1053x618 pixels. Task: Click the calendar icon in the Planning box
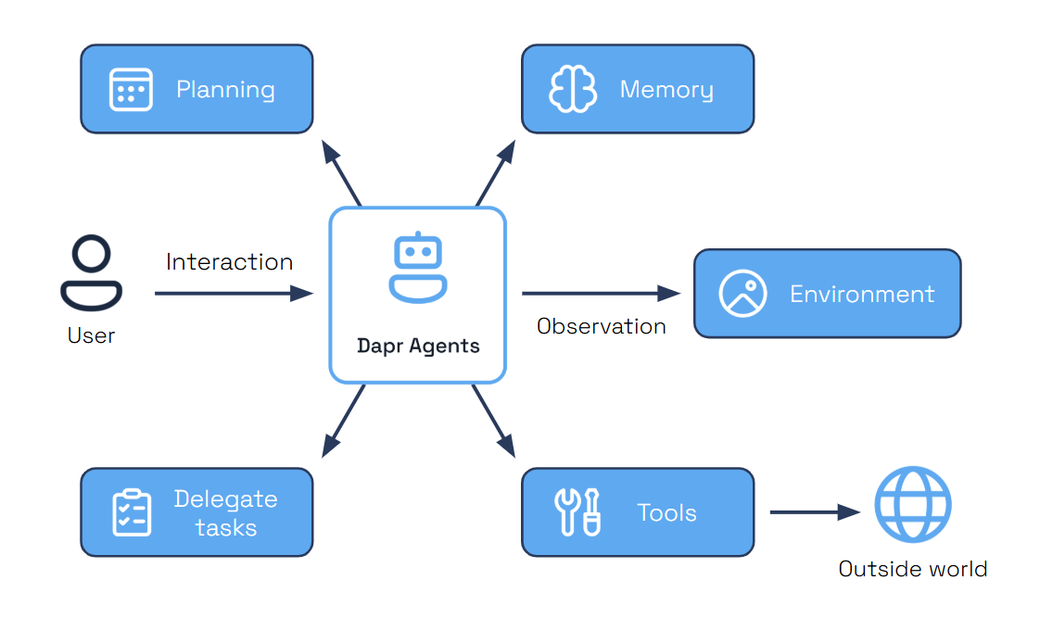(131, 90)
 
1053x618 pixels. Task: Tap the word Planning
(225, 90)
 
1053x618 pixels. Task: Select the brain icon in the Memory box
(572, 90)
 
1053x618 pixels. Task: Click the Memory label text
(666, 90)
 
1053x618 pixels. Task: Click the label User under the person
(91, 335)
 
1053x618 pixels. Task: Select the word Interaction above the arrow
(229, 262)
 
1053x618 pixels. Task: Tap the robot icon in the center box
(417, 268)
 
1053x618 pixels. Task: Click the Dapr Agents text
(418, 347)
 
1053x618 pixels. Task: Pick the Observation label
(601, 326)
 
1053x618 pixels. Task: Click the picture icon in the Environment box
(742, 294)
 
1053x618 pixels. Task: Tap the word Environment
(861, 295)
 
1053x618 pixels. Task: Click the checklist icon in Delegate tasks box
(131, 512)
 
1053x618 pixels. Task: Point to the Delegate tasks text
(225, 513)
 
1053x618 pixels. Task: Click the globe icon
(913, 505)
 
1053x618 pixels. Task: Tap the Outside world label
(912, 569)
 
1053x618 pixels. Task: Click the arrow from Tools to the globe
(815, 512)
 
